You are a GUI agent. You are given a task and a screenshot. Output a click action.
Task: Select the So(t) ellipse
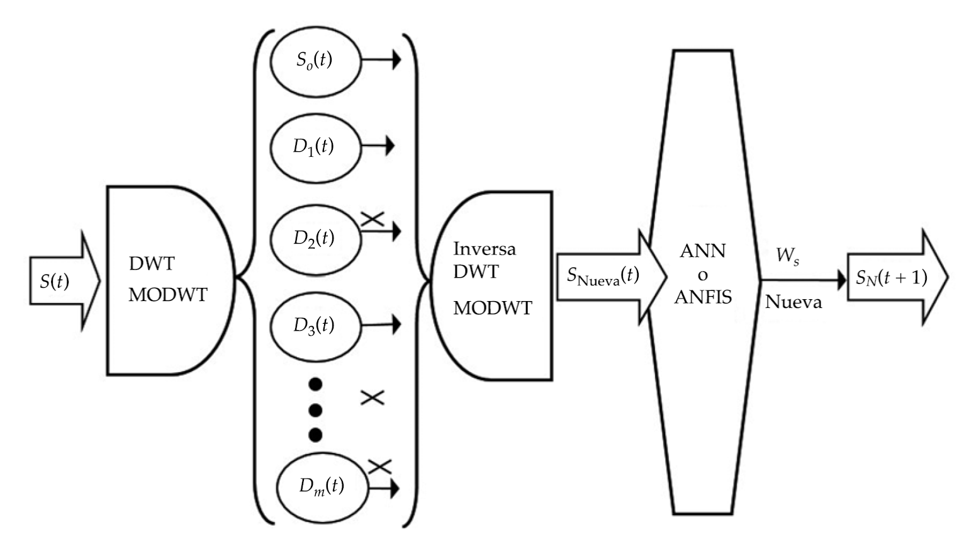315,61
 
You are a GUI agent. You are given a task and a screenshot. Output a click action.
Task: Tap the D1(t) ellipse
315,147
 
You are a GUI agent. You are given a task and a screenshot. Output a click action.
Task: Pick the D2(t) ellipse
315,239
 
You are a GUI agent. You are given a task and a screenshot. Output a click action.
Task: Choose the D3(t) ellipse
315,326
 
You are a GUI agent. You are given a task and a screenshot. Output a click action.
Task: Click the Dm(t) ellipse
322,487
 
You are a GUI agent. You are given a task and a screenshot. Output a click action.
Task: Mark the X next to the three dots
372,397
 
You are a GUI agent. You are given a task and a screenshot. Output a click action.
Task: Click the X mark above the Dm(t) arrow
379,467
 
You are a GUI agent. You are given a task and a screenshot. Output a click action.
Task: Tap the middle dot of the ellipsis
316,410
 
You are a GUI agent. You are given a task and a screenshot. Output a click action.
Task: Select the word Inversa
484,249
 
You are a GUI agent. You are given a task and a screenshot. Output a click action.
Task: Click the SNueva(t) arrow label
603,276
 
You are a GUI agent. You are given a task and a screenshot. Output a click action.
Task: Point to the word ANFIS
703,297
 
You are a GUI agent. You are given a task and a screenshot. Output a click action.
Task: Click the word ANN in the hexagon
703,251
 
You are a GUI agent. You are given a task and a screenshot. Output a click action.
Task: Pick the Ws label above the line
788,257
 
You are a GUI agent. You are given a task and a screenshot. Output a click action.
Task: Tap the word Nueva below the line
793,302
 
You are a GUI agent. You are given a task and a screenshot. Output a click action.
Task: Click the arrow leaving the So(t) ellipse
381,61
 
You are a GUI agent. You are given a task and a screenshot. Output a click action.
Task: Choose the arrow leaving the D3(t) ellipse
381,325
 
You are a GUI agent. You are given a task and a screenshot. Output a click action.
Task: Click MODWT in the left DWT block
167,294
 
